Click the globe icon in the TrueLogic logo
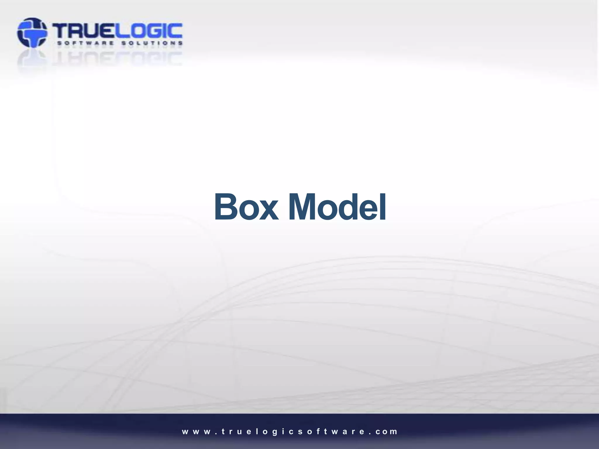[32, 32]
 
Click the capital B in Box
[226, 207]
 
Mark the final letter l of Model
[383, 206]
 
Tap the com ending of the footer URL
[386, 432]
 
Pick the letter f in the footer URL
[317, 431]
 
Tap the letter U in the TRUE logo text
[93, 31]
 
